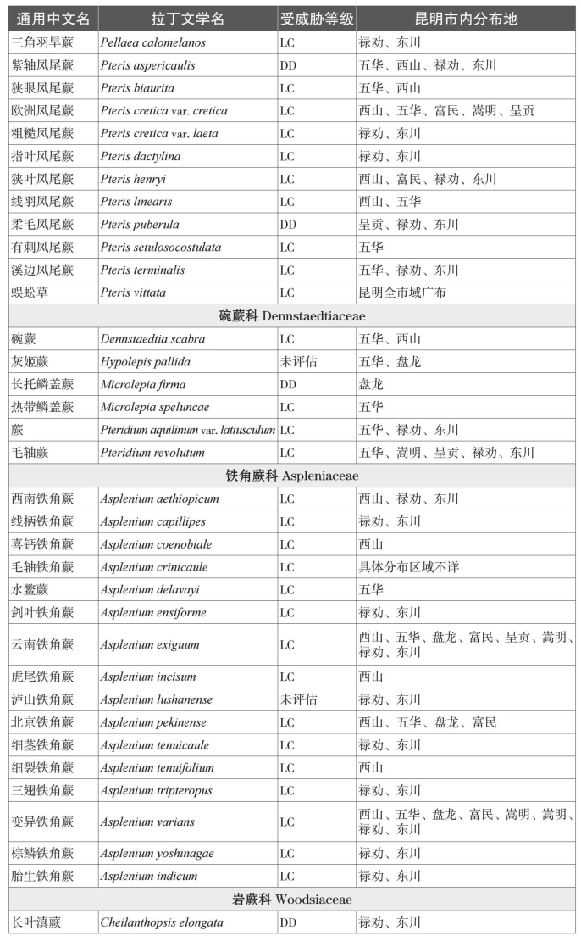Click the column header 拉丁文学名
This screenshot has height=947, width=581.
187,19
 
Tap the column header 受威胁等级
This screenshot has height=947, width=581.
317,19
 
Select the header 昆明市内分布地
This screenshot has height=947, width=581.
465,19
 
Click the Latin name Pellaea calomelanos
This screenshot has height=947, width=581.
152,42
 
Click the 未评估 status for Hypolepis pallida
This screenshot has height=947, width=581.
298,362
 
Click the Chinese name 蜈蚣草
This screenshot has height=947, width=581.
30,292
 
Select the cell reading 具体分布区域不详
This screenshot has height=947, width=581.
408,567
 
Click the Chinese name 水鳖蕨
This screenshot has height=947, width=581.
30,590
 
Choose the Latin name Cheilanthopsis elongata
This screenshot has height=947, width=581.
162,922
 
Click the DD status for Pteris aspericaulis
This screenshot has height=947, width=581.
287,65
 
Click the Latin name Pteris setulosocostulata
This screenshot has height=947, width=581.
160,248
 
